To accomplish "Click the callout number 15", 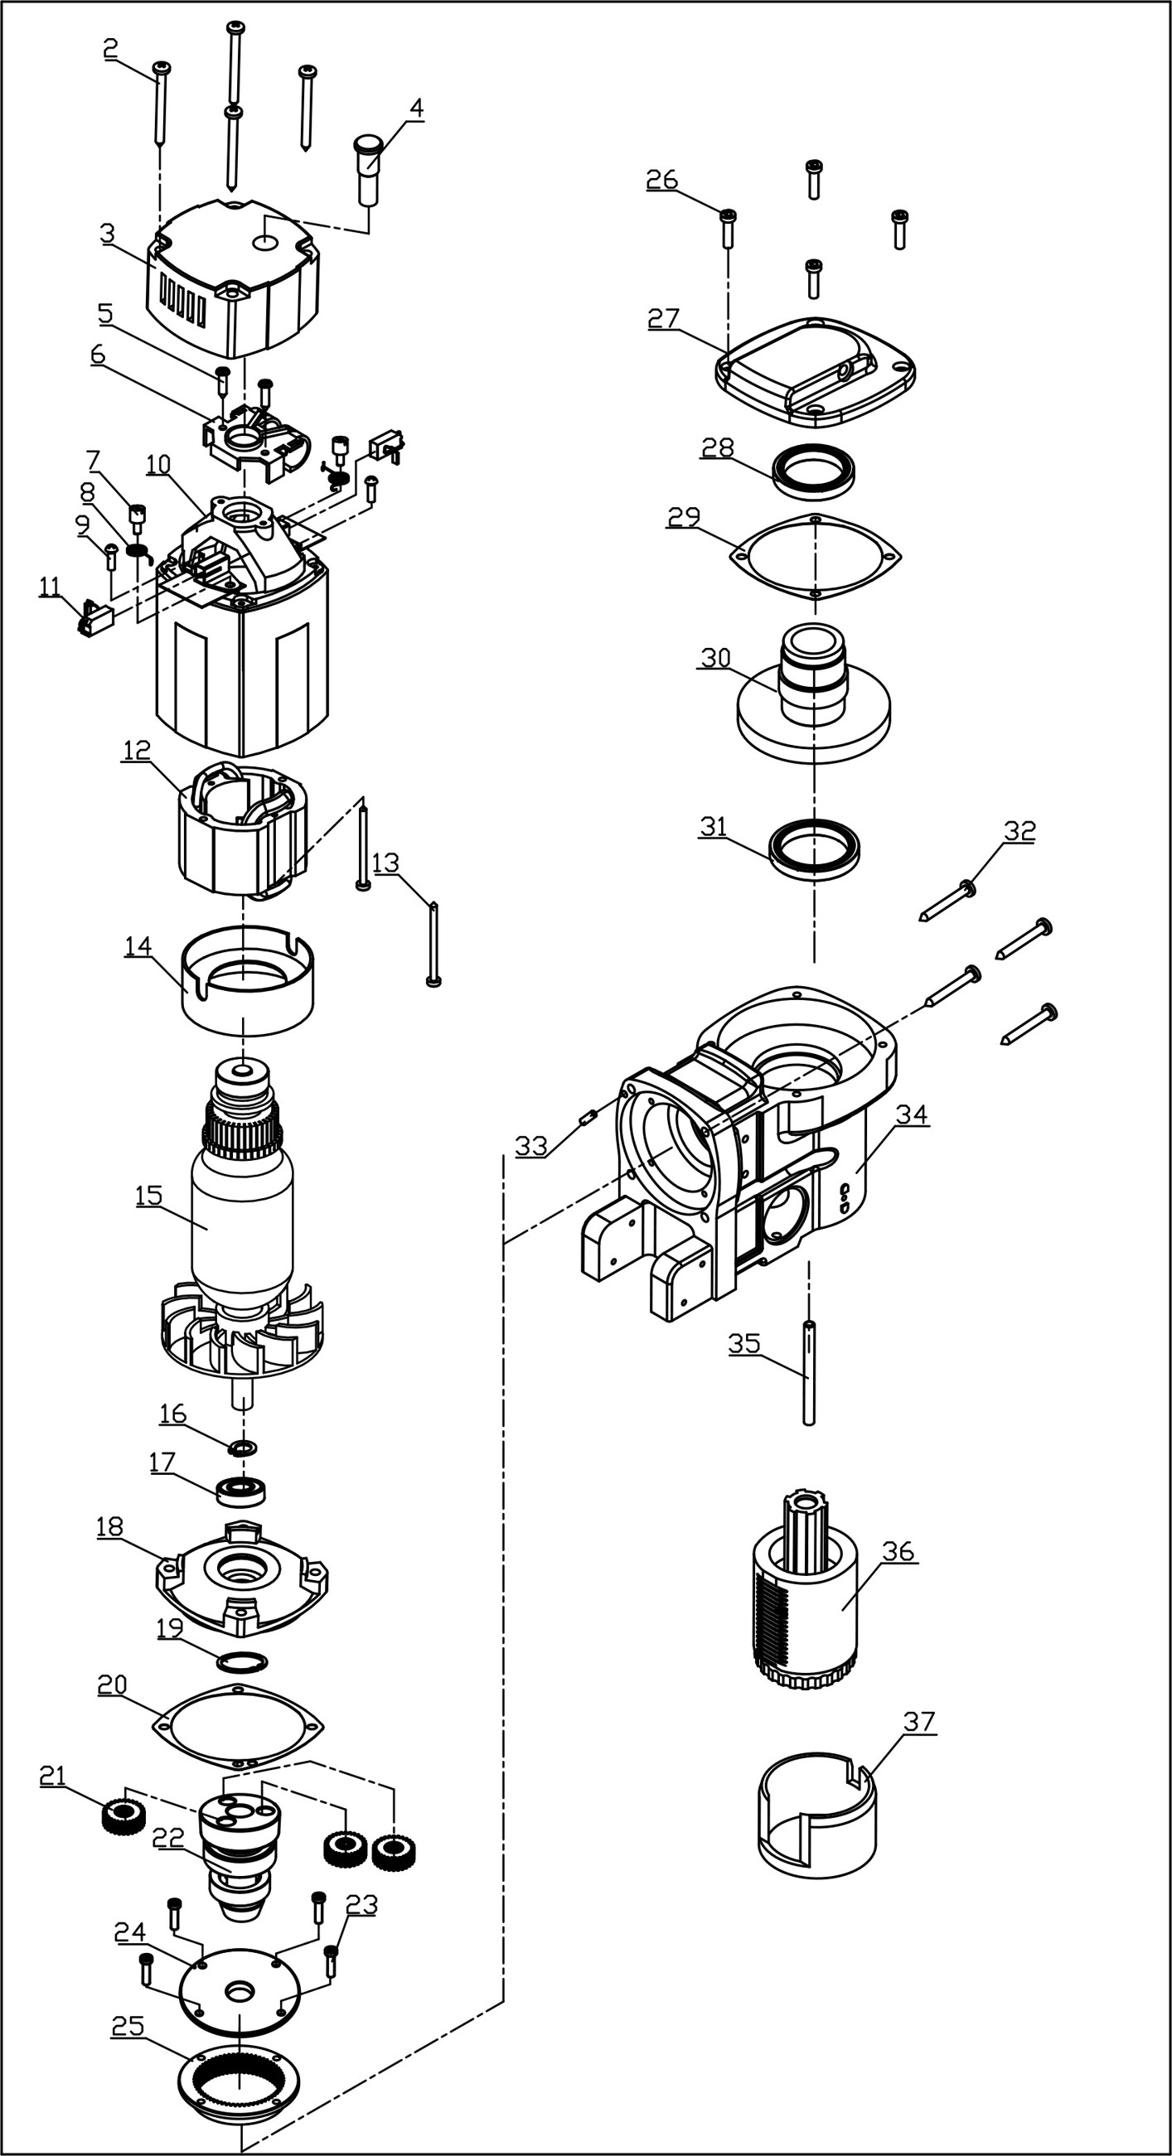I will [x=148, y=1195].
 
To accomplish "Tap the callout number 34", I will [x=911, y=1114].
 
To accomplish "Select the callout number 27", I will [x=663, y=319].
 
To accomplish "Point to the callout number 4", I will [x=416, y=108].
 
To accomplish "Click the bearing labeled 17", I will [x=241, y=1491].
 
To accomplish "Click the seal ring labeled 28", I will [x=814, y=471].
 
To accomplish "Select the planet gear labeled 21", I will [x=123, y=1818].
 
